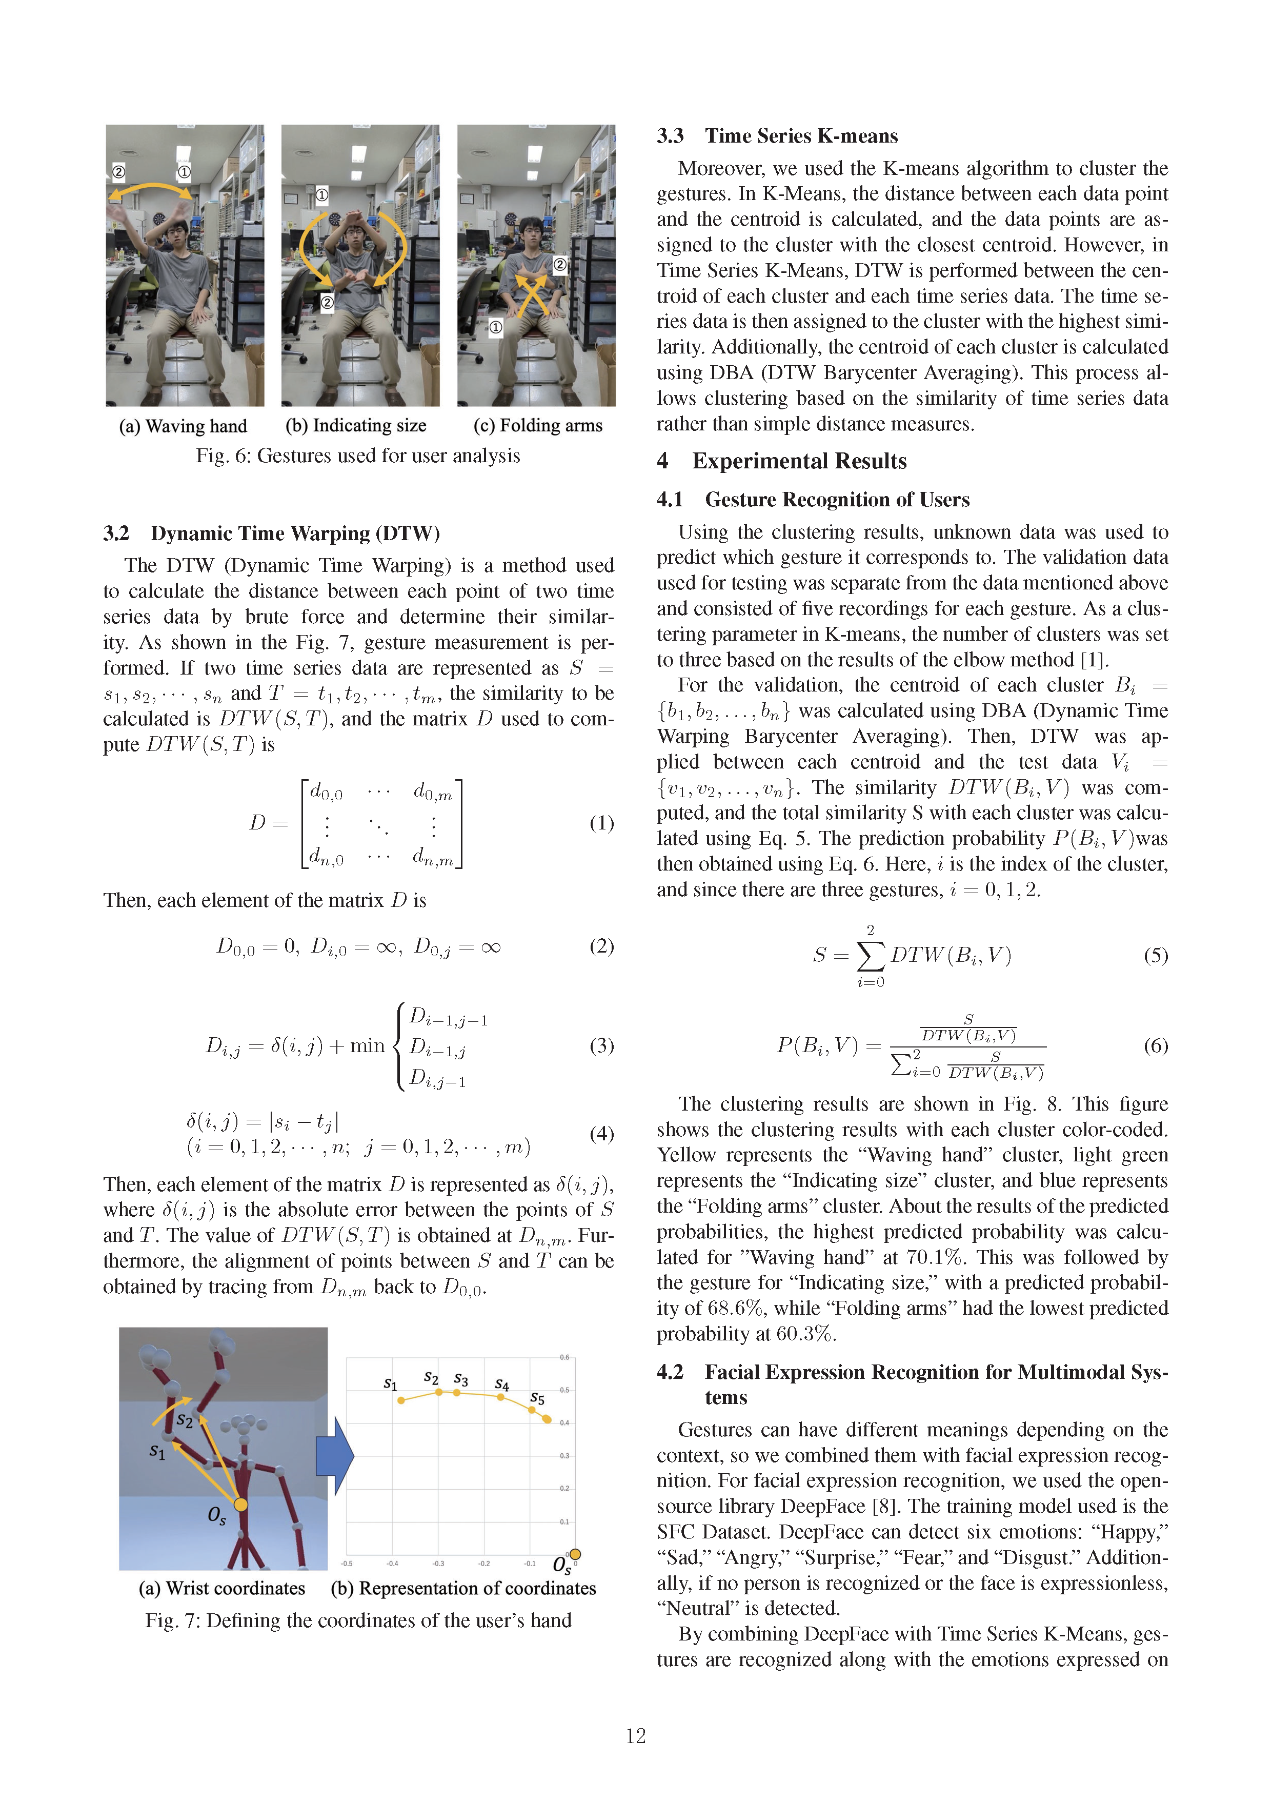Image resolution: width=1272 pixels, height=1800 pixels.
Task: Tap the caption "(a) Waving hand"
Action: point(183,426)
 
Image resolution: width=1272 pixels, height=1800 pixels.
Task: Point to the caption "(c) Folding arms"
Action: point(538,426)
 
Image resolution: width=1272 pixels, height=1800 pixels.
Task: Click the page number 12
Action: point(636,1736)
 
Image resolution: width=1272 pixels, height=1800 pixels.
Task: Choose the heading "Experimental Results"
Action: point(799,461)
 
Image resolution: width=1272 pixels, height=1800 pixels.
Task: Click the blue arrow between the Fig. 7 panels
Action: point(335,1455)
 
